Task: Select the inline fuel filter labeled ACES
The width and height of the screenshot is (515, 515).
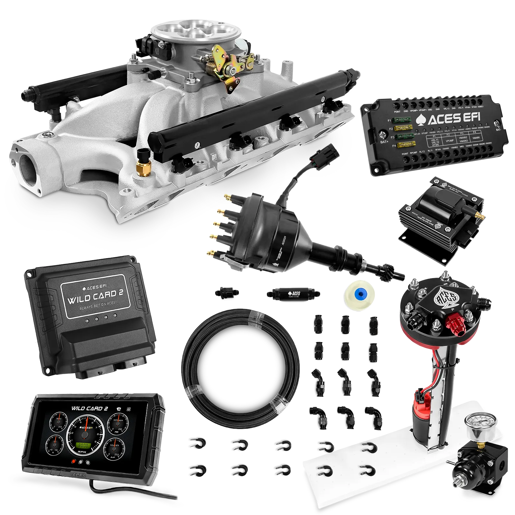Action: (x=293, y=293)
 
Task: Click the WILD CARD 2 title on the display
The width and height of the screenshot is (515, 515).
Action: (x=89, y=409)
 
